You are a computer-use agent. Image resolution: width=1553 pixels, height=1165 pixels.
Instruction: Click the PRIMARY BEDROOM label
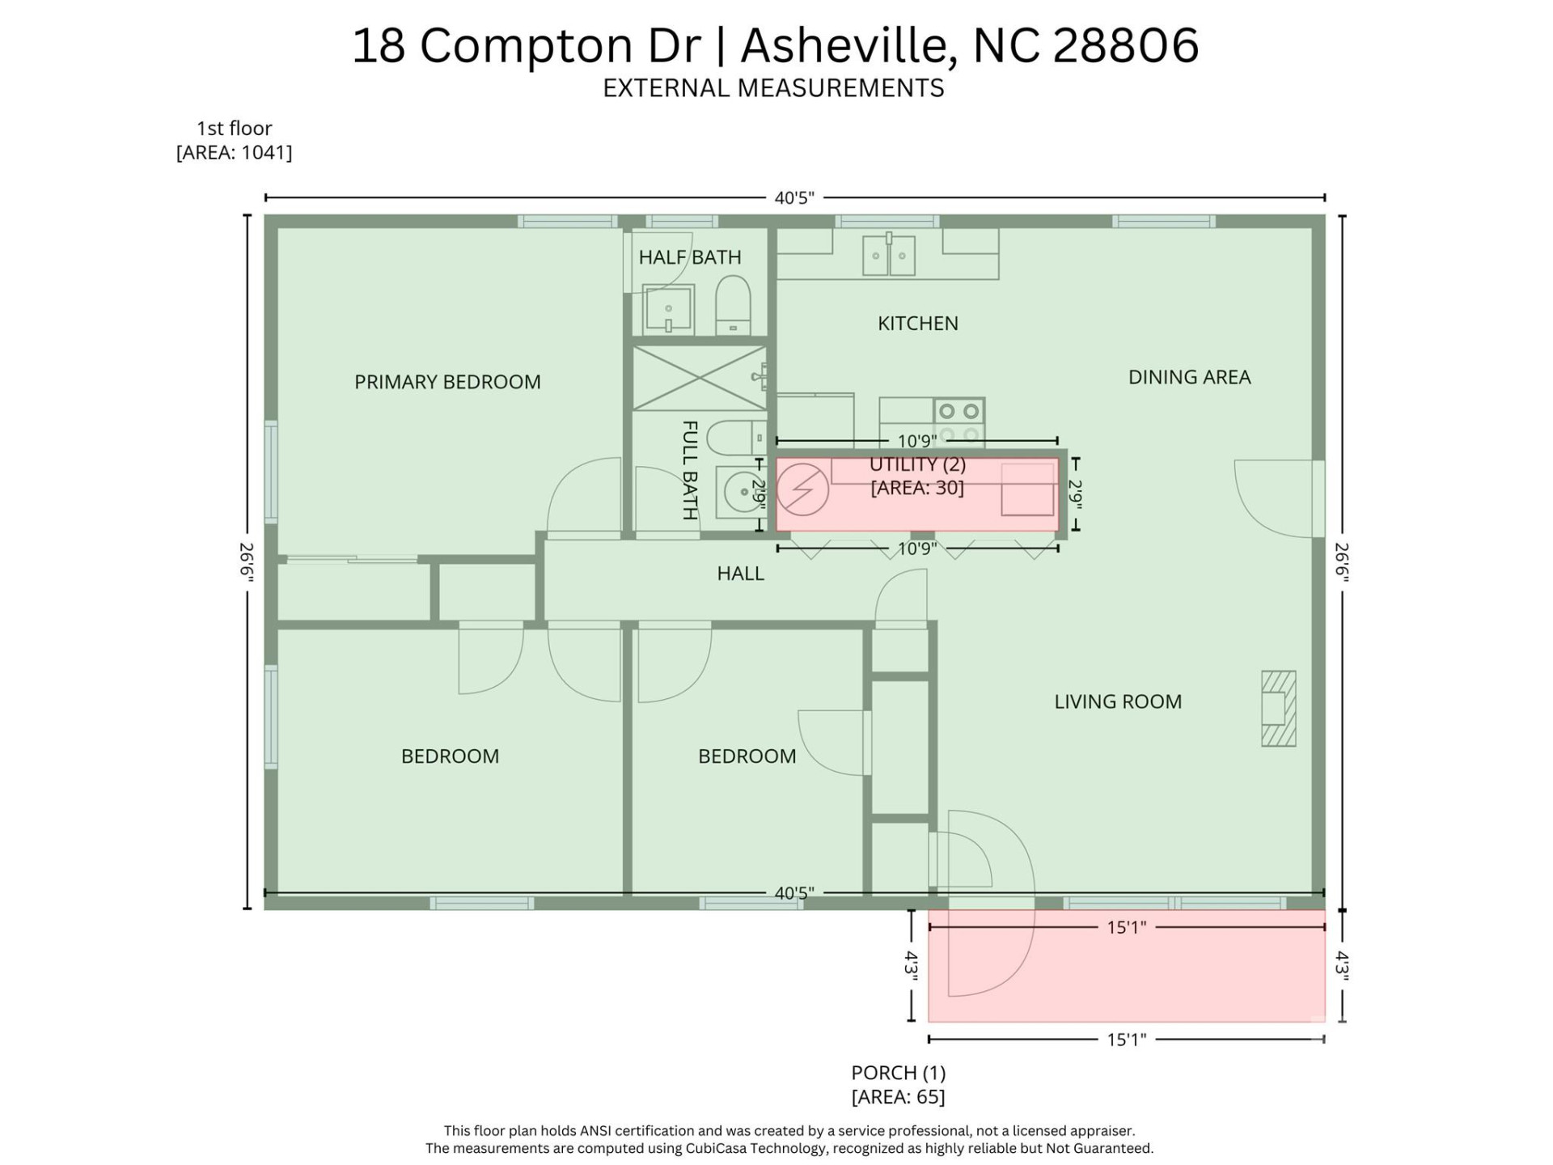pos(447,382)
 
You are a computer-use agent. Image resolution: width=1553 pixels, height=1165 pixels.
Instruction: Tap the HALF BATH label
pos(689,257)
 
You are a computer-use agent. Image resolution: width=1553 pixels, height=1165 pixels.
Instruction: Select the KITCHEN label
pos(917,324)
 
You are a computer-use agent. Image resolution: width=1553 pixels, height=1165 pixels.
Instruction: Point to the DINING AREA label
pos(1188,377)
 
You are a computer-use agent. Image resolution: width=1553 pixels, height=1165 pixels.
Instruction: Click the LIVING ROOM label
pos(1117,701)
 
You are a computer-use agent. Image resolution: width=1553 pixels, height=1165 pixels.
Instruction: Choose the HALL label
pos(739,574)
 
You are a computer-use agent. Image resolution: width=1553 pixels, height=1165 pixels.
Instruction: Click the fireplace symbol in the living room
pos(1278,708)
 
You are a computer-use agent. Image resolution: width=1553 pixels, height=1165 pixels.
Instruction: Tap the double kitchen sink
pos(888,255)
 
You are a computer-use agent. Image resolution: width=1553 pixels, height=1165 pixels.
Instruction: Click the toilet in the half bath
pos(733,305)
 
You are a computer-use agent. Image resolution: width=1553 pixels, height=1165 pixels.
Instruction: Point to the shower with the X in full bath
pos(699,378)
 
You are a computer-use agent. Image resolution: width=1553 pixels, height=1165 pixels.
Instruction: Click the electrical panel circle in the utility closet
pos(802,489)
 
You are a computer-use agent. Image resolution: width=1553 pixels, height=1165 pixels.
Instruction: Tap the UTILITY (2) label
pos(917,465)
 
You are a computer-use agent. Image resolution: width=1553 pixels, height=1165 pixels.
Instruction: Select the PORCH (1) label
pos(898,1073)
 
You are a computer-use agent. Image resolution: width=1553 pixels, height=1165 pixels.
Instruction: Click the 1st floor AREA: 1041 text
pos(234,152)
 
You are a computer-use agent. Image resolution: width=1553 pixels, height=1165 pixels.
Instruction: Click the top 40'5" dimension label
pos(793,198)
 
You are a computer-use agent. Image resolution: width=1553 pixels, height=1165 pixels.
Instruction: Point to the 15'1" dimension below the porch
pos(1126,1040)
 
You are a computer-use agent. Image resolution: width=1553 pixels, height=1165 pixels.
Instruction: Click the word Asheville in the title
pos(845,45)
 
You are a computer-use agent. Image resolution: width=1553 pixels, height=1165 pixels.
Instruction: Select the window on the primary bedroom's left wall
pos(271,472)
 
